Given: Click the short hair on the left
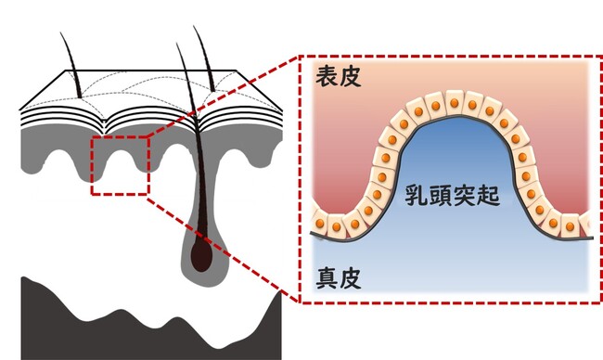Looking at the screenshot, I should click(x=74, y=65).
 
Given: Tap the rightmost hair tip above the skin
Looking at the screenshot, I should click(x=196, y=28).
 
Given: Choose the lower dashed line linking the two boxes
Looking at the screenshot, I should click(x=223, y=247).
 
